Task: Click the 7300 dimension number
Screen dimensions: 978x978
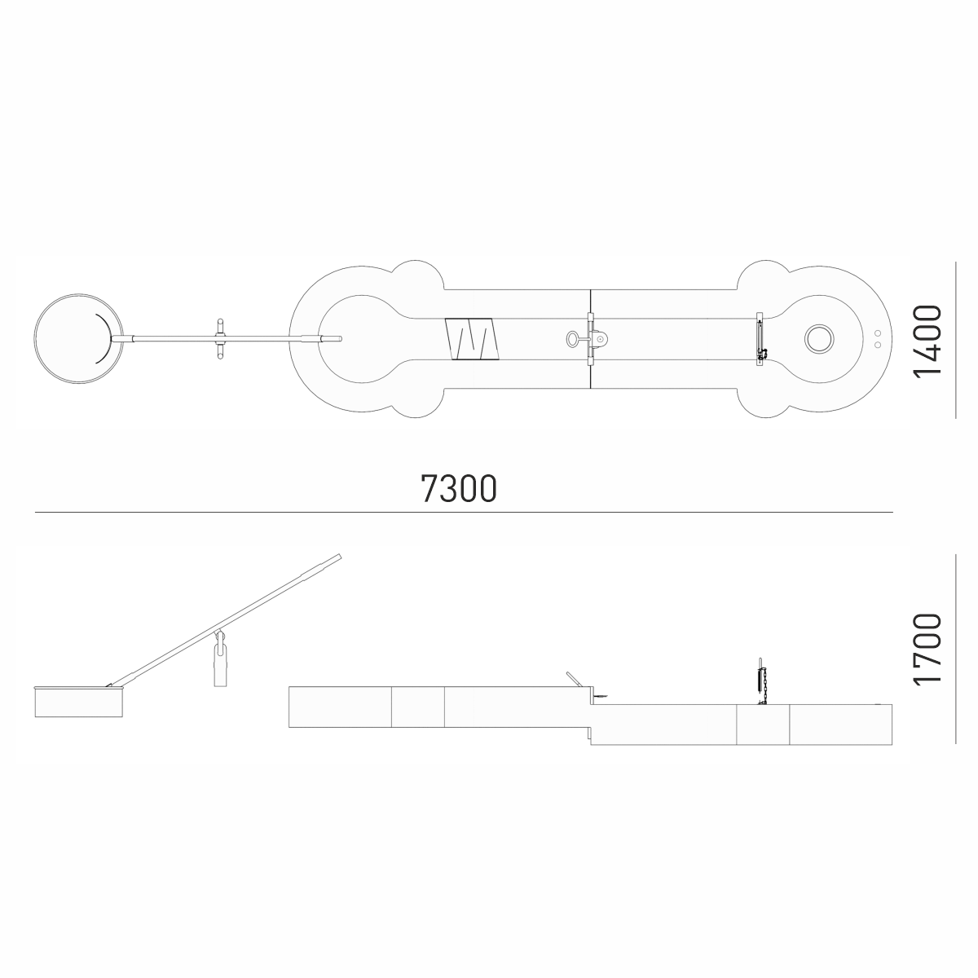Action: point(458,488)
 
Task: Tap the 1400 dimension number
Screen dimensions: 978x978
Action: point(927,341)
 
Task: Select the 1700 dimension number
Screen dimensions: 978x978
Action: point(927,650)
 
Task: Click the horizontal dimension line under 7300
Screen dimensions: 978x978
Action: point(464,513)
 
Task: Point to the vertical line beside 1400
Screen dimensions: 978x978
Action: point(956,340)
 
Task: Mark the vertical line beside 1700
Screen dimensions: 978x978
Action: point(956,649)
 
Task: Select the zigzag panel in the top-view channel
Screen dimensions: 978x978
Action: point(472,339)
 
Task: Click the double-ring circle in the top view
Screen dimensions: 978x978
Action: point(818,338)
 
